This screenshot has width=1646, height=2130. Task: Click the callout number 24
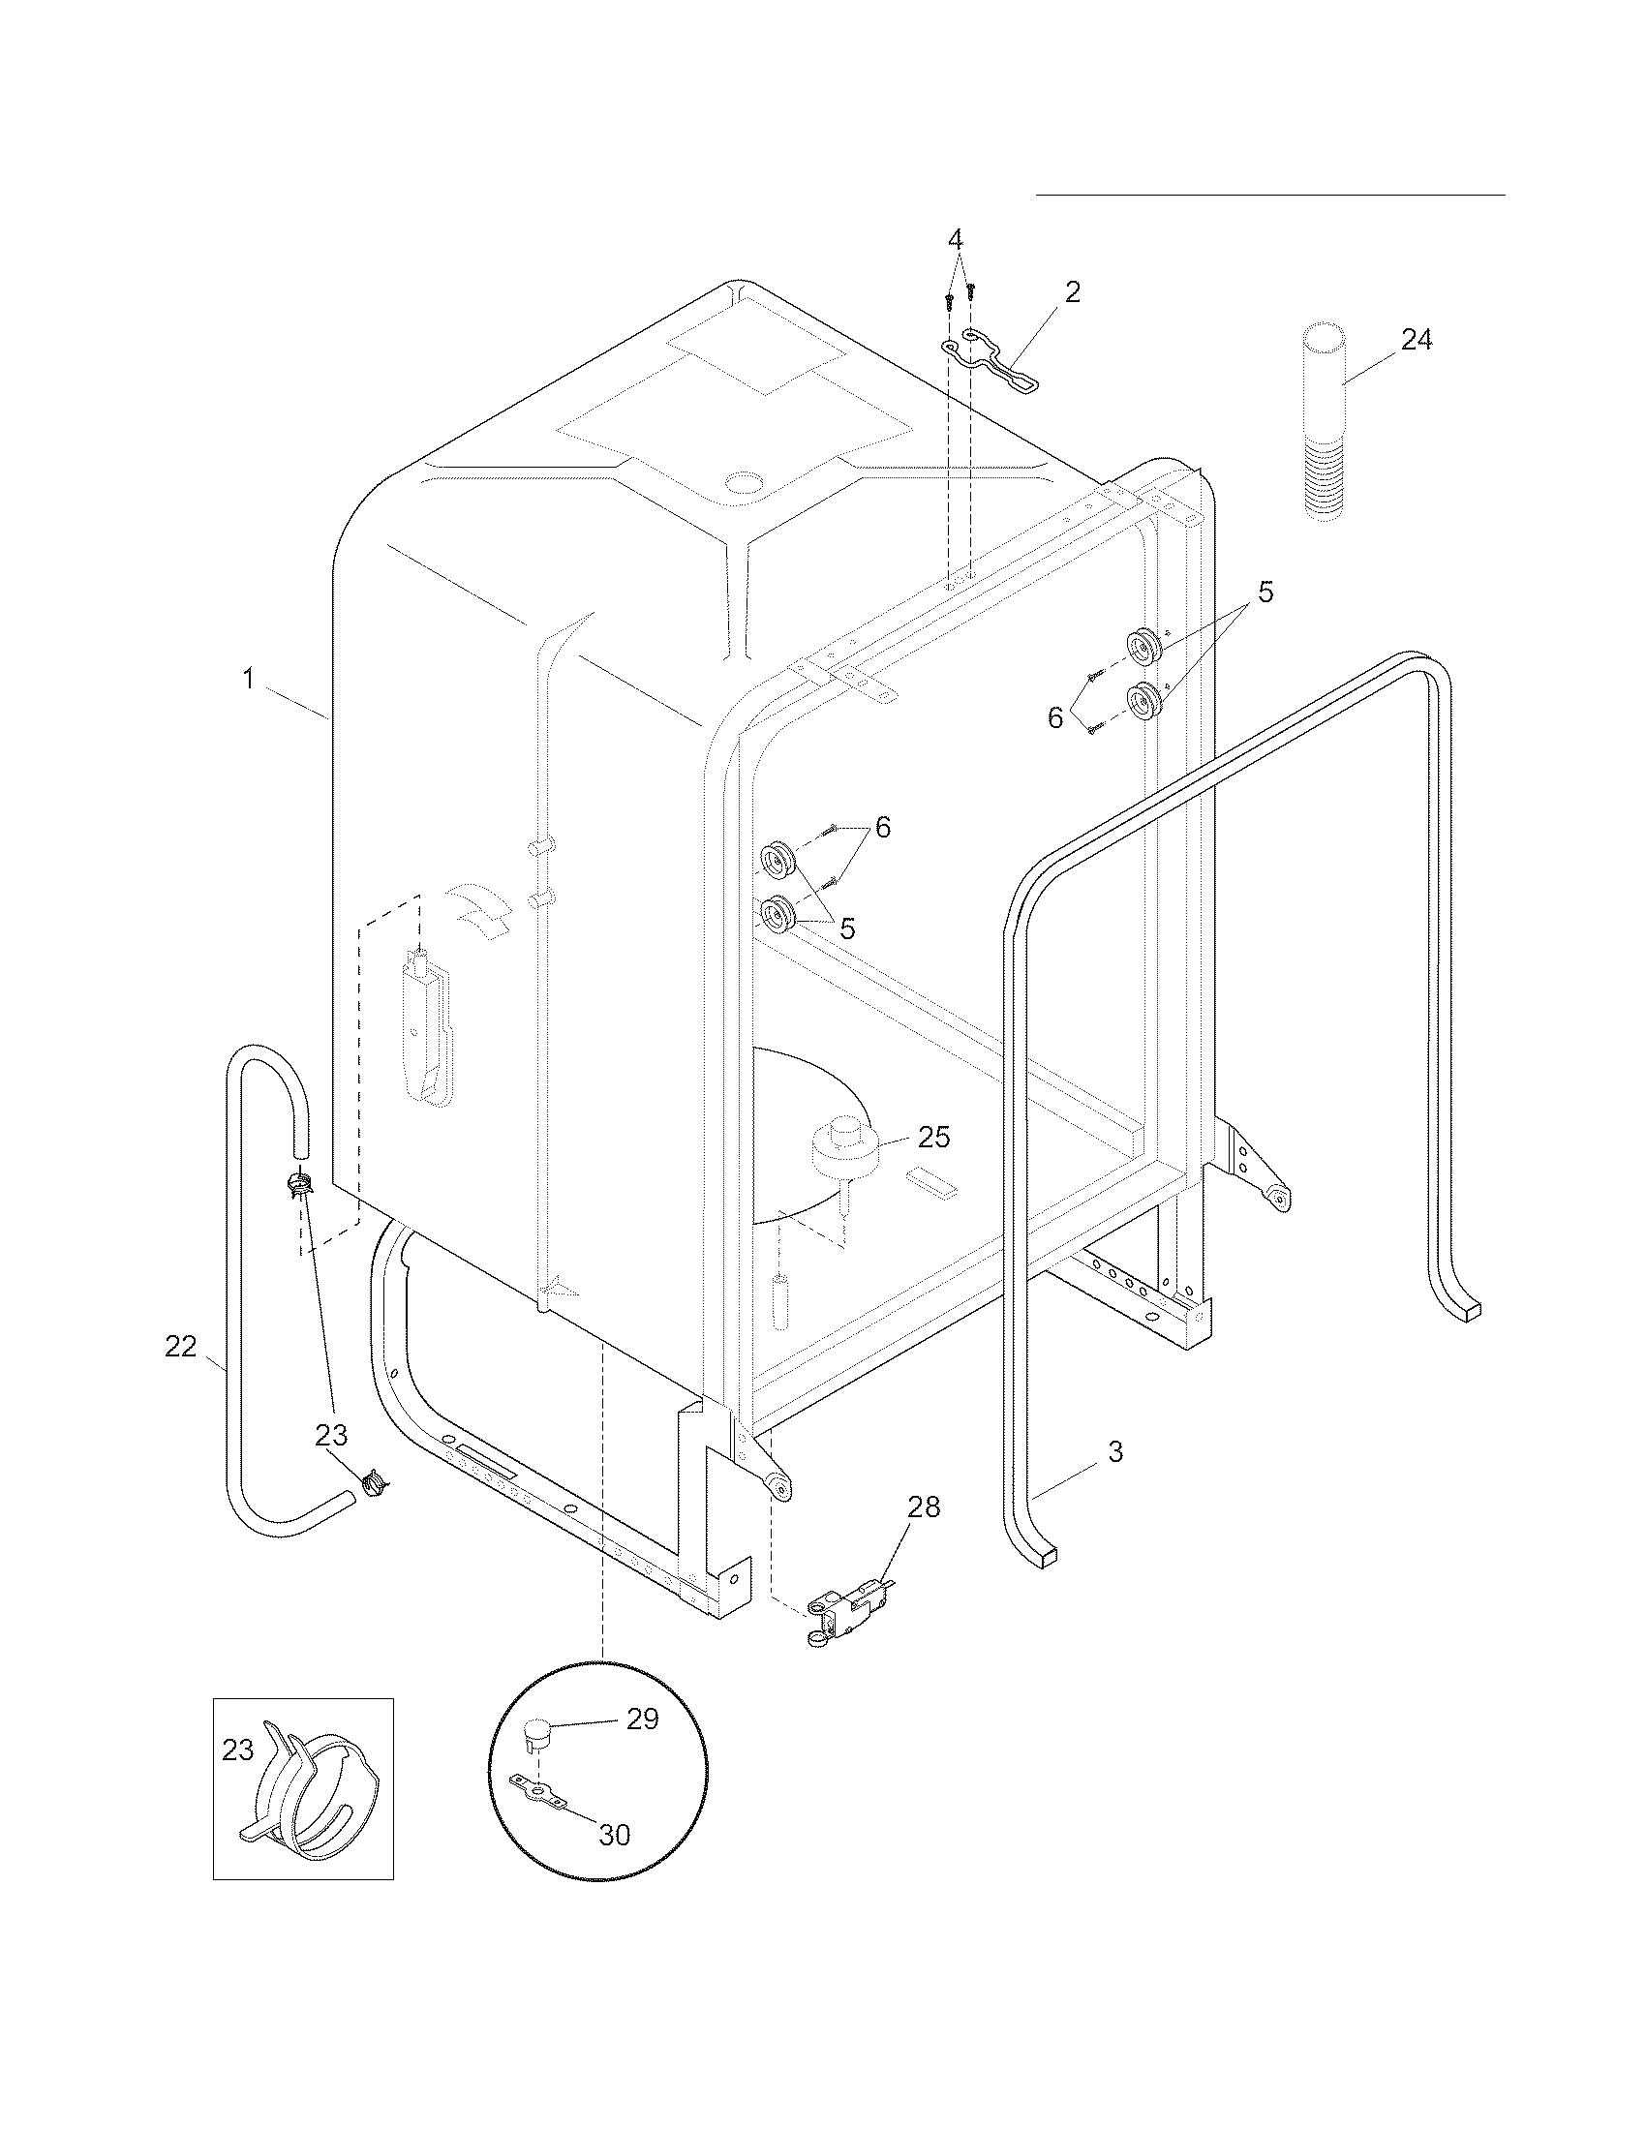[x=1417, y=340]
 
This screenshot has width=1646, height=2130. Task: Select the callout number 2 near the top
[x=1072, y=291]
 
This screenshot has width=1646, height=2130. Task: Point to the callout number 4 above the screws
[x=956, y=239]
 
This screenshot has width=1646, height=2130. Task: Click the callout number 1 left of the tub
[x=249, y=679]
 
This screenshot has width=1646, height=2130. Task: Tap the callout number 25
[x=933, y=1138]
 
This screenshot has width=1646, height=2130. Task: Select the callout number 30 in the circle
[x=614, y=1835]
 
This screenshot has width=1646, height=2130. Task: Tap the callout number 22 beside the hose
[x=180, y=1347]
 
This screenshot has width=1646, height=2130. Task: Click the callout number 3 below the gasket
[x=1115, y=1451]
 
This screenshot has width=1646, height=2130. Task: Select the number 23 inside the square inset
[x=237, y=1750]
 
